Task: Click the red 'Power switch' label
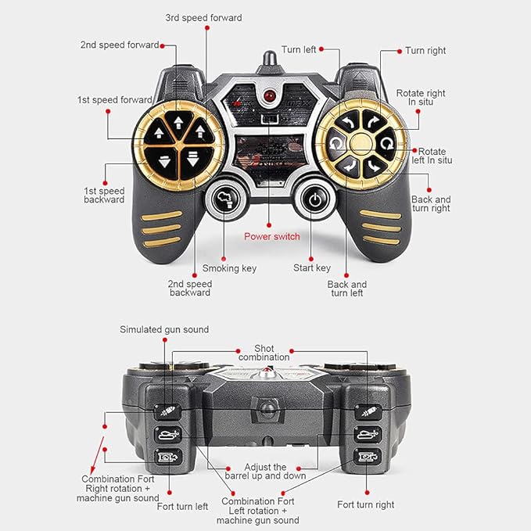click(x=272, y=236)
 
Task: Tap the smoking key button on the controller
click(x=224, y=199)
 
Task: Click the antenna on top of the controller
click(x=270, y=61)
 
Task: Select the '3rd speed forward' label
click(x=203, y=18)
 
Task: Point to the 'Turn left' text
click(x=299, y=50)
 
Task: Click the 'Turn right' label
click(x=425, y=51)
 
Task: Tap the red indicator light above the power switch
click(x=270, y=96)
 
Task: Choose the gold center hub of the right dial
click(x=361, y=144)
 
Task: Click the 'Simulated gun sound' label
click(x=164, y=329)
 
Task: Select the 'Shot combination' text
click(x=264, y=353)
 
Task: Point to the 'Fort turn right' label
click(x=366, y=504)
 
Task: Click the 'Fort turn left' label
click(x=182, y=507)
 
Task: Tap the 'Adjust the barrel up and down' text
click(x=265, y=472)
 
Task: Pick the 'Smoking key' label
click(x=229, y=268)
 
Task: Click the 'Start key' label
click(x=312, y=268)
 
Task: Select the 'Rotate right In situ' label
click(x=421, y=98)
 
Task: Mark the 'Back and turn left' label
click(x=347, y=289)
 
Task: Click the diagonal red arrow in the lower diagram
click(x=97, y=455)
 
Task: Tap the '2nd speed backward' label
click(x=190, y=289)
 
